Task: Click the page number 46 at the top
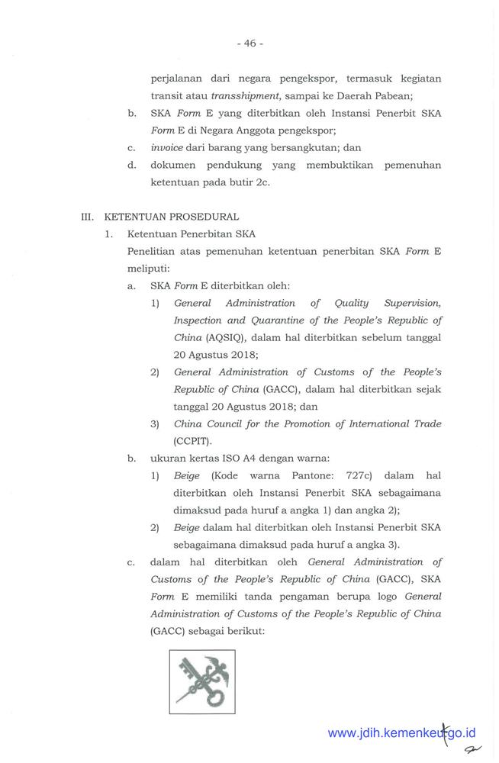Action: click(x=250, y=43)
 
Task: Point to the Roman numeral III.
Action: click(x=89, y=216)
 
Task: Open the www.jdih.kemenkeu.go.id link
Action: click(x=401, y=733)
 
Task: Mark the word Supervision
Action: click(x=410, y=304)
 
